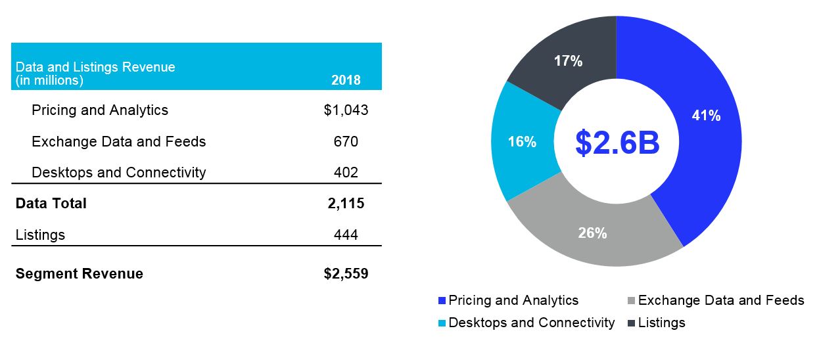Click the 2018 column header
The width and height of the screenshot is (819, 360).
[x=346, y=81]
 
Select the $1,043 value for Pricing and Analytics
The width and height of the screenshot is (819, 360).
[x=346, y=110]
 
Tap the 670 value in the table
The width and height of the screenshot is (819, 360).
[x=346, y=142]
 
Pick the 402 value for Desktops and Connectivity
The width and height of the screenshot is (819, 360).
[x=346, y=173]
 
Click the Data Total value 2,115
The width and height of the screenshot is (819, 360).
[x=346, y=204]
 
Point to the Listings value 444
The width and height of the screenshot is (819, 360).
[x=346, y=235]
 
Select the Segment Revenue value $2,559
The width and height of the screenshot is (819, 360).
[x=346, y=274]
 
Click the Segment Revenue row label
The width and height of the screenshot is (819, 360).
[x=79, y=274]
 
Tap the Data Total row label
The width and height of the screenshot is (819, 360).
[x=51, y=204]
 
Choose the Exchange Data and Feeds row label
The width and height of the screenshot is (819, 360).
[x=118, y=142]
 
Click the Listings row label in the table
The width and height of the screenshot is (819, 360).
[x=40, y=235]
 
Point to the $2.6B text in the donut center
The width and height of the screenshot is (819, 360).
[x=617, y=143]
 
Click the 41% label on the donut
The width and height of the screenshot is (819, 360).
[x=706, y=116]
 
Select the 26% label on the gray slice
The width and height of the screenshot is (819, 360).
[x=592, y=233]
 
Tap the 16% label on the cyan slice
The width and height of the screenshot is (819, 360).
[x=522, y=142]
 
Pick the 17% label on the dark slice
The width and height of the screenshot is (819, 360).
[x=568, y=62]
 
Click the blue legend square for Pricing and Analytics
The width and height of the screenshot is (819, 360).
[x=442, y=301]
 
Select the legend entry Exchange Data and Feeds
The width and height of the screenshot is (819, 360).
[x=720, y=300]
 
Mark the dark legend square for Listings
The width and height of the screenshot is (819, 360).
[x=632, y=323]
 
